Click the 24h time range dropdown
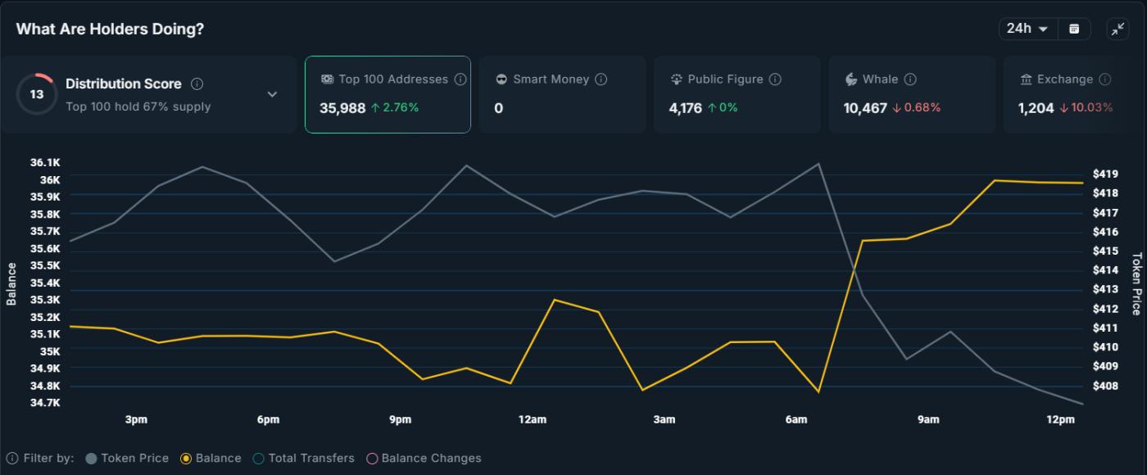coord(1027,29)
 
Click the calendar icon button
coord(1074,29)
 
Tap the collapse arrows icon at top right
coord(1118,29)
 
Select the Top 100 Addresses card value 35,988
coord(342,108)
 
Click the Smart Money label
coord(551,79)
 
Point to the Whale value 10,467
coord(865,108)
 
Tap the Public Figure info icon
coord(775,79)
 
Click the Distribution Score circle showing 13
coord(36,94)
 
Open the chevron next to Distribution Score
coord(272,94)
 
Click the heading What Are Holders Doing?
coord(110,29)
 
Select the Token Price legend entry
coord(127,459)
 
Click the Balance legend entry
coord(211,459)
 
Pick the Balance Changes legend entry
coord(424,459)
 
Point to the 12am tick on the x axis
coord(532,419)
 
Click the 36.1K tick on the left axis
coord(45,163)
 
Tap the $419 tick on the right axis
coord(1105,174)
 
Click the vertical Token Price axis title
coord(1136,283)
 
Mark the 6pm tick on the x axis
coord(268,419)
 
